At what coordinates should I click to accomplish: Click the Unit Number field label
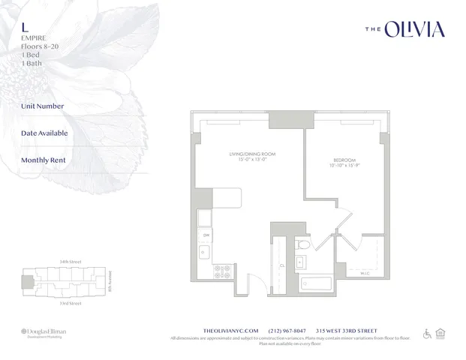(x=43, y=106)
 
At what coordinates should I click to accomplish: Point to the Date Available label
(x=44, y=133)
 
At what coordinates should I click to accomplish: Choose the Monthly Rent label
(x=44, y=160)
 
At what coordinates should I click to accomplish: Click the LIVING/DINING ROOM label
(x=247, y=154)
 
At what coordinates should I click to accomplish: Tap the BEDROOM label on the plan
(x=345, y=160)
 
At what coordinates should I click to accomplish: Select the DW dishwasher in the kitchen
(x=205, y=234)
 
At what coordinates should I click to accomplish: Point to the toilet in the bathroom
(x=302, y=243)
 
